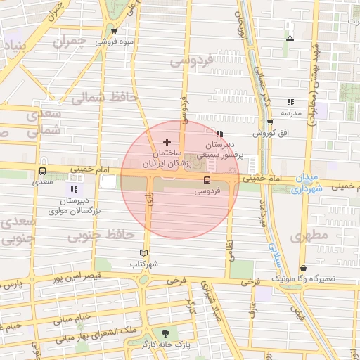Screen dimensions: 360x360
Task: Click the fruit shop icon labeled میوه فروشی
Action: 114,31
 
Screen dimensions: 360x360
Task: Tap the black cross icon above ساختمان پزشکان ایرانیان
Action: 167,143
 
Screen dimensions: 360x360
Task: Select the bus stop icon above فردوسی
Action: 206,180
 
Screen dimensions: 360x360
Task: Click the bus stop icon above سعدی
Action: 43,171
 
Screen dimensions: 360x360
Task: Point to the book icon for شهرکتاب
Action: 144,253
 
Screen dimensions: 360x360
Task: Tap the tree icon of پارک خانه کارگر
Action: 166,333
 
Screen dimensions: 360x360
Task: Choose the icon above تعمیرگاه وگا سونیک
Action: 303,269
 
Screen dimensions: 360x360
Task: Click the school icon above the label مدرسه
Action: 290,102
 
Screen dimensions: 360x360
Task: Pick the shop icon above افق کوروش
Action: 269,122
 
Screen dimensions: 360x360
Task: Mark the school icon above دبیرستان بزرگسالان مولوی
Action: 73,189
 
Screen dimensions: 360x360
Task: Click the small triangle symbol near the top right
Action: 290,38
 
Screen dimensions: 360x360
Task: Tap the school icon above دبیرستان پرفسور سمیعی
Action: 219,134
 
